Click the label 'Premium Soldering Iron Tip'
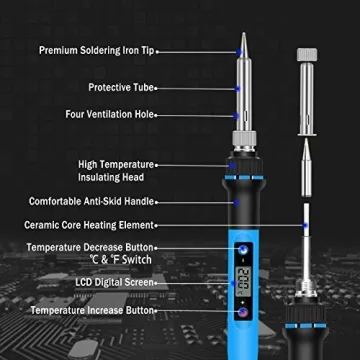[x=97, y=50]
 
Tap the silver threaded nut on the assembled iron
[x=242, y=139]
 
